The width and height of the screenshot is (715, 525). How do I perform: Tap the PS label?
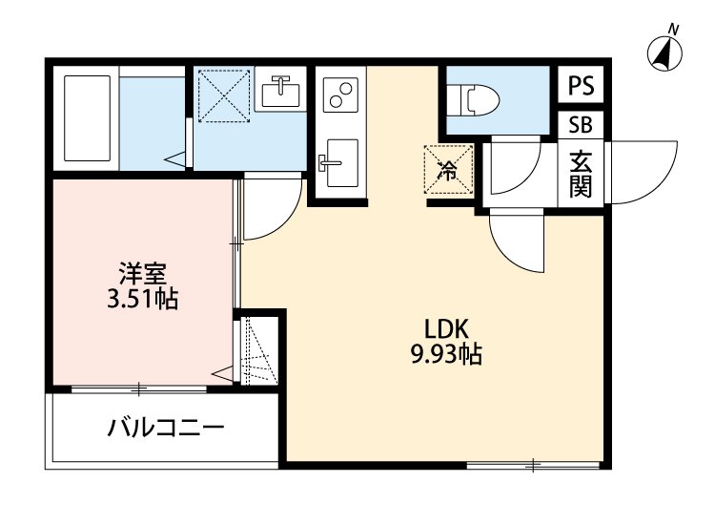581,86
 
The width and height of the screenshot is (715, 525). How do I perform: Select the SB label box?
580,125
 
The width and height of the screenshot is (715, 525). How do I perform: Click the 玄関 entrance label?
581,173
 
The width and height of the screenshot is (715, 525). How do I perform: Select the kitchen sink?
338,163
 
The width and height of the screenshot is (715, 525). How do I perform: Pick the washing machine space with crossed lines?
221,94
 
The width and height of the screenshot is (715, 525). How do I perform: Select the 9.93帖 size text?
445,356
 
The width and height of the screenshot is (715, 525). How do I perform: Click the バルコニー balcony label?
165,427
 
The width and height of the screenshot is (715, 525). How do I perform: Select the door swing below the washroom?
271,208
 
